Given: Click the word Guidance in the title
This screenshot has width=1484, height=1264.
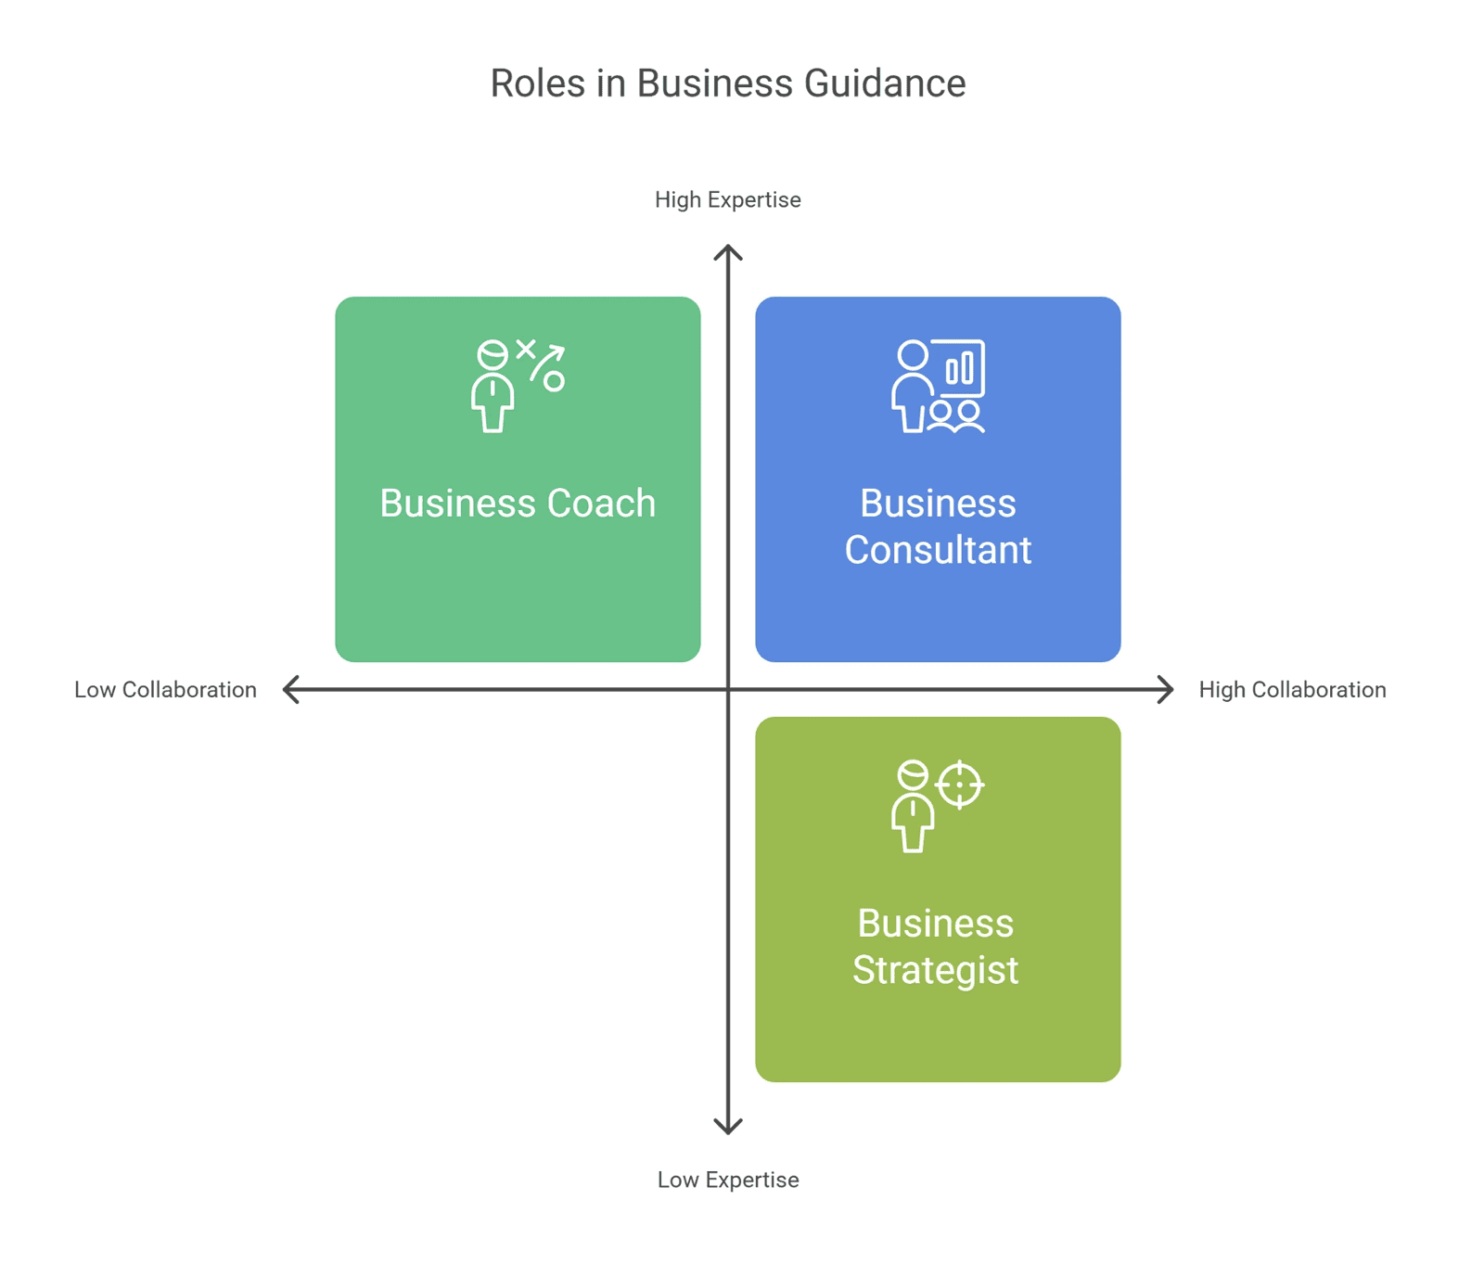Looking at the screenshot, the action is coord(885,83).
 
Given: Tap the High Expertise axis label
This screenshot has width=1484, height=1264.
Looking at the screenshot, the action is coord(728,200).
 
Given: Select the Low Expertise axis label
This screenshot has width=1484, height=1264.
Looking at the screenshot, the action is coord(728,1180).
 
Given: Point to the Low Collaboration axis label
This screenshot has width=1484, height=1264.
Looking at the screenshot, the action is coord(165,690).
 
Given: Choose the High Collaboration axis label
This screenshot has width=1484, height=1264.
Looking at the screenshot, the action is coord(1292,690).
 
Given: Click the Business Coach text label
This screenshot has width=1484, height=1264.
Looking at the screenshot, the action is coord(518,504).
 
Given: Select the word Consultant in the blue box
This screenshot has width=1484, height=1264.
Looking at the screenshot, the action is coord(938,550).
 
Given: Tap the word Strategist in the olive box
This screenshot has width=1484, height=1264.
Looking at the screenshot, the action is coord(936,971).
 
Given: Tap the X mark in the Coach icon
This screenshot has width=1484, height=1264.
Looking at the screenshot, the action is coord(526,350).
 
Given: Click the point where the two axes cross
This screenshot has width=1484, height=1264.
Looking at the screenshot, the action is coord(728,690).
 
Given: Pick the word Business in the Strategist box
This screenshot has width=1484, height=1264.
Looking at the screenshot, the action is coord(936,924).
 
